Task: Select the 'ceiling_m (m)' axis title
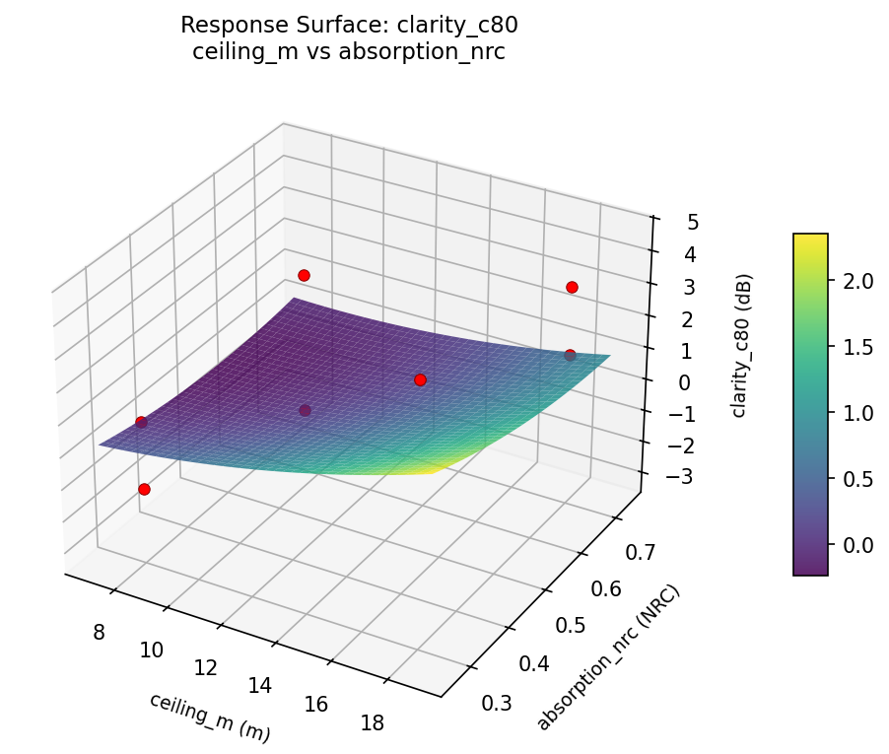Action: tap(210, 717)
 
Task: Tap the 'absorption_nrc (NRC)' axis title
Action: tap(608, 657)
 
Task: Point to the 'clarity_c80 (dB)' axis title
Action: tap(739, 345)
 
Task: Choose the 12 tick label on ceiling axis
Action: tap(205, 667)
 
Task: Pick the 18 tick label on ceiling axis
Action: tap(372, 723)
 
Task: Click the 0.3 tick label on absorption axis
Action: tap(497, 703)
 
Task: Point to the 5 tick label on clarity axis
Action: tap(693, 222)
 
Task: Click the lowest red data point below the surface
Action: tap(144, 489)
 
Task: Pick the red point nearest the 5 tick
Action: tap(572, 287)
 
